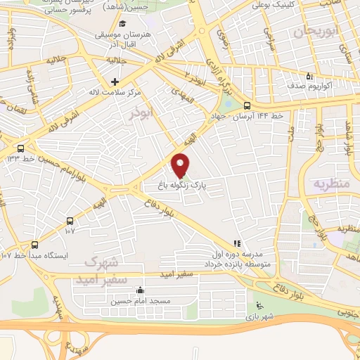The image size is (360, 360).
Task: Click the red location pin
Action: (181, 165)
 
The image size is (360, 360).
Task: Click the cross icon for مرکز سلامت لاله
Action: (114, 82)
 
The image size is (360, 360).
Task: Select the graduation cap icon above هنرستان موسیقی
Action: (123, 24)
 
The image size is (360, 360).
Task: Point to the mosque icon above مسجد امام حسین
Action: (140, 290)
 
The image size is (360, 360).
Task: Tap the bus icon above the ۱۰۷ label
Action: (70, 220)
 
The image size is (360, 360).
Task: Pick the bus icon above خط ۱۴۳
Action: (20, 148)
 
